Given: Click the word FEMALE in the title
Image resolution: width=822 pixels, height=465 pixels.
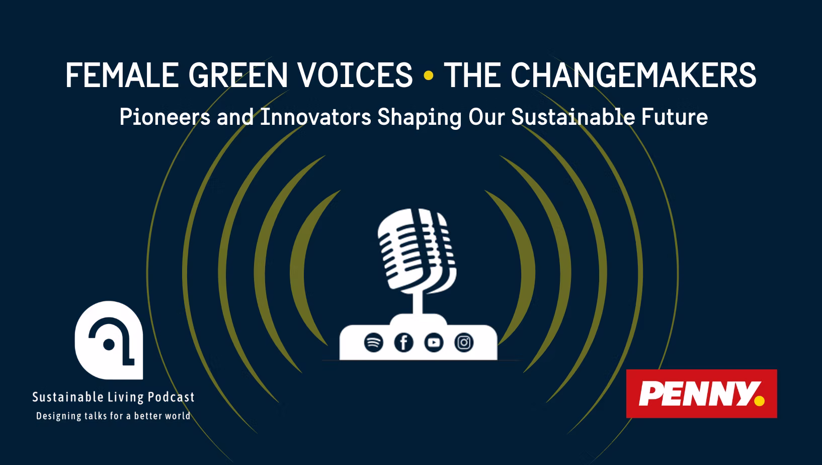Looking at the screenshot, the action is [122, 75].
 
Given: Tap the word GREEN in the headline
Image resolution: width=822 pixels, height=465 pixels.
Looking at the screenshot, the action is [238, 75].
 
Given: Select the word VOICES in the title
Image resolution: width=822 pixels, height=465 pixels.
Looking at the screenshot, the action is [355, 75].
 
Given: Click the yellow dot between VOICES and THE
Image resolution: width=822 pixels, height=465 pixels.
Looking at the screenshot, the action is [428, 75].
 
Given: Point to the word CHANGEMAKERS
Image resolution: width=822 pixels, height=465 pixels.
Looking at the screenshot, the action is [633, 75].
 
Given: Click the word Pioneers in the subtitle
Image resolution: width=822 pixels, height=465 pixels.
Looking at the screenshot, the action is [165, 117].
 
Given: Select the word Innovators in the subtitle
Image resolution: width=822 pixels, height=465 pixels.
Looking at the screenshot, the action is [315, 117].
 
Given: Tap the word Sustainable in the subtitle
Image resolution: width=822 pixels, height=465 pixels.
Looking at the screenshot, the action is [573, 117].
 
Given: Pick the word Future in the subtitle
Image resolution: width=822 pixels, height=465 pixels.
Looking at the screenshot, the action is [675, 117].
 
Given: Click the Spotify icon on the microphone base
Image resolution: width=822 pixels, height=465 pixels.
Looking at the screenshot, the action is [374, 343].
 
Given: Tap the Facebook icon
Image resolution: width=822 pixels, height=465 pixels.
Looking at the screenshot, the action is [403, 343].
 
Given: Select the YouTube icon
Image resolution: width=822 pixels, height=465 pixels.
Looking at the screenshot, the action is [434, 343].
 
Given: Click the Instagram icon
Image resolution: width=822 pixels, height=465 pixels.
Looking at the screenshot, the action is [464, 343].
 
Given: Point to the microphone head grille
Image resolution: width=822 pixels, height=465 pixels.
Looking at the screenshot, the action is [417, 250].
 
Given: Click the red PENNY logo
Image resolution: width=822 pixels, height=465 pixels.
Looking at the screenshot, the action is [702, 394].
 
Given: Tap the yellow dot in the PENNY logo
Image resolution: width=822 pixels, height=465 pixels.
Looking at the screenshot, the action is [759, 401].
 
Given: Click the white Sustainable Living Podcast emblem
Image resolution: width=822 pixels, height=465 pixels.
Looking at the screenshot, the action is [109, 340].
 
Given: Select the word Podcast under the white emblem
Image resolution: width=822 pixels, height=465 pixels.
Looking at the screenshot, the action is [171, 397].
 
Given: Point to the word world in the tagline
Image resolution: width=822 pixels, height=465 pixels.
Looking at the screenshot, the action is [179, 416].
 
